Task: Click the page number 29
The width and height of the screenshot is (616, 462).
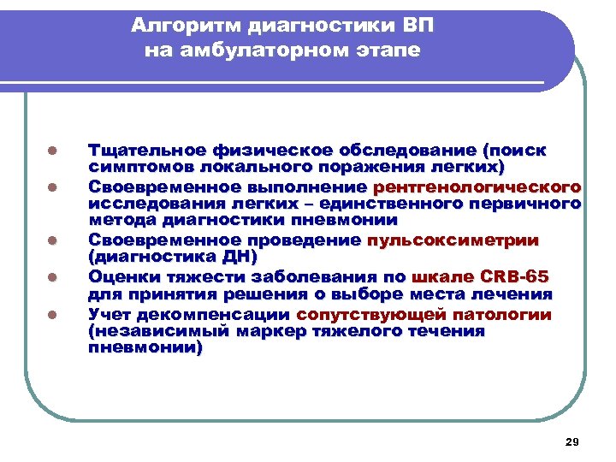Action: point(572,441)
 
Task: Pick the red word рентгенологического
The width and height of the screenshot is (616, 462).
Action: point(477,187)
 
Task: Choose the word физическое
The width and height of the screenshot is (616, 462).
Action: point(256,150)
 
